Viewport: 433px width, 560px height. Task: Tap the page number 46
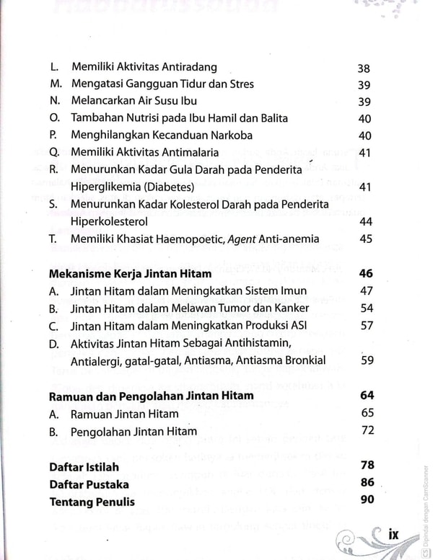(365, 273)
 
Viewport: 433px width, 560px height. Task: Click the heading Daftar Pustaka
(89, 484)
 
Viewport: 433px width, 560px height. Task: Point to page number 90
(365, 501)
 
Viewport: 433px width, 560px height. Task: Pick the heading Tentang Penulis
(92, 502)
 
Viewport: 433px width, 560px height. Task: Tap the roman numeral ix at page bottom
(393, 535)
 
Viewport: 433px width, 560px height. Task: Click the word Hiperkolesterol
(114, 222)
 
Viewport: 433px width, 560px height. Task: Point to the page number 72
(367, 431)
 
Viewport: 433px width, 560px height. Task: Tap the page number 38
(364, 69)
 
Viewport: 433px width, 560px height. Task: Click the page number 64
(365, 396)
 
